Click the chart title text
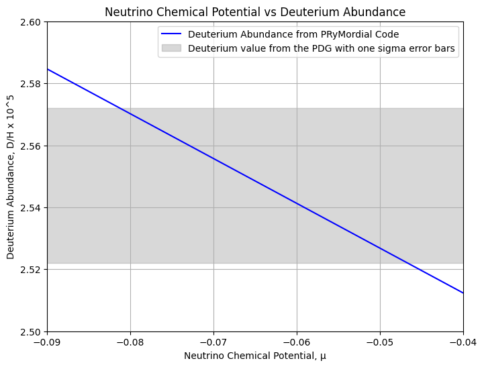tap(255, 12)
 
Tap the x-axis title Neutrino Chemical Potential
tap(255, 356)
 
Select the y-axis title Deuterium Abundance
tap(11, 176)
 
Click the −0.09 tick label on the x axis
tap(47, 341)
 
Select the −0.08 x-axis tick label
tap(130, 341)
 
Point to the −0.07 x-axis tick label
tap(213, 341)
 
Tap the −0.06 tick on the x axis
tap(297, 341)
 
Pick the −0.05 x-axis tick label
tap(380, 341)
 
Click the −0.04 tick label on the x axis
tap(463, 341)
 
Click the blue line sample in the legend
tap(172, 35)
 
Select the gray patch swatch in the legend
tap(172, 48)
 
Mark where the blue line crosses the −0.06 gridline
tap(297, 203)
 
